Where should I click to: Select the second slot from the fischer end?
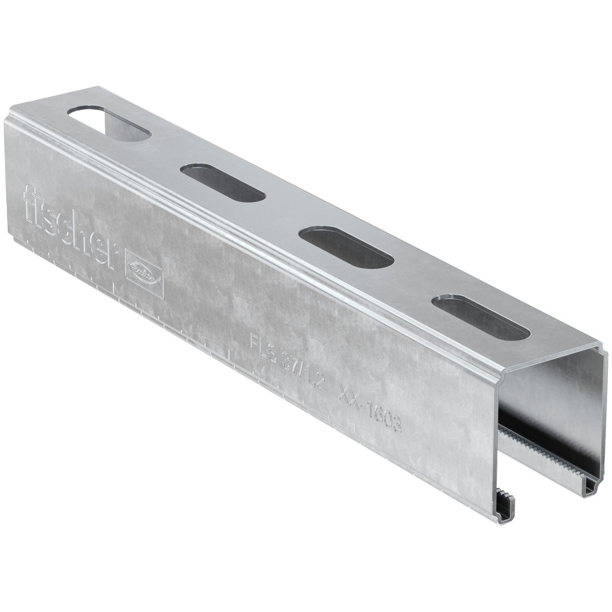point(223,182)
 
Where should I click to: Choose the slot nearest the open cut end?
point(480,317)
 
